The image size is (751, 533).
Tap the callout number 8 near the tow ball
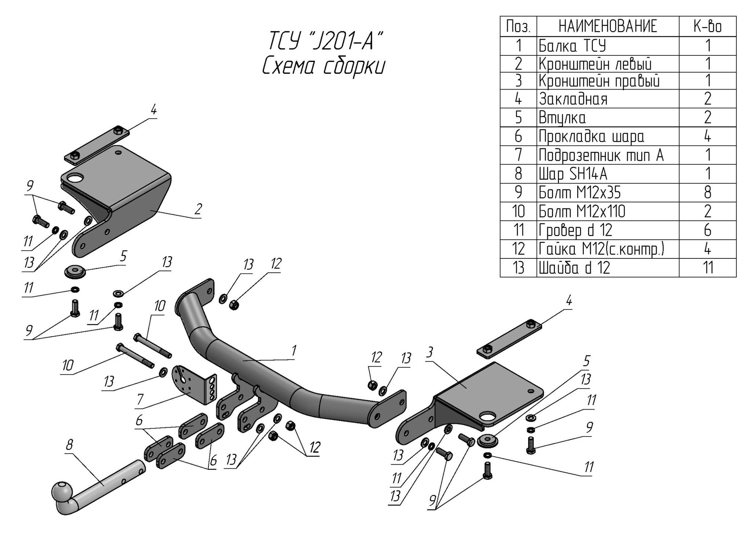point(69,445)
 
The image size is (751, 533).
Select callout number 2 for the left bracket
point(198,209)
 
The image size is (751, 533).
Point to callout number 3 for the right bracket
point(429,352)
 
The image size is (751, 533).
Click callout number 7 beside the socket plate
point(139,400)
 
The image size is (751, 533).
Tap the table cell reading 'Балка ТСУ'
point(572,46)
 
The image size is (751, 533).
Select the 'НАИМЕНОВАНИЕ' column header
point(608,26)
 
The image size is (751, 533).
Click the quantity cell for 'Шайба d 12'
point(707,268)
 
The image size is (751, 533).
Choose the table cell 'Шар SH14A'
point(573,174)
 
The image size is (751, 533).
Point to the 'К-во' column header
point(707,26)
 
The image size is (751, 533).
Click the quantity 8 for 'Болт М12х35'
point(707,192)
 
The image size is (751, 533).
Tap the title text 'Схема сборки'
point(323,67)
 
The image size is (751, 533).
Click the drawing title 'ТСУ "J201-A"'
point(323,40)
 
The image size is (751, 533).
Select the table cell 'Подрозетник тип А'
point(601,155)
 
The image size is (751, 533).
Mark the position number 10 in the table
point(518,211)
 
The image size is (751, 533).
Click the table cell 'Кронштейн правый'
point(599,81)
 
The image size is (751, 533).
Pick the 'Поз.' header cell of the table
point(518,26)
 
